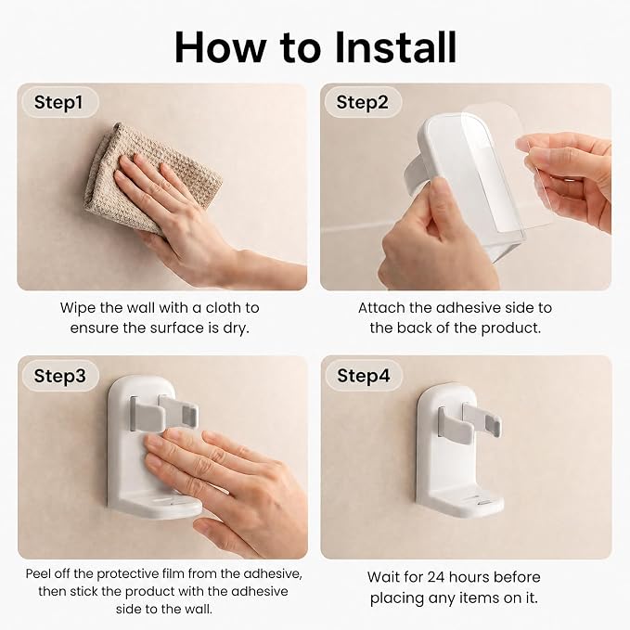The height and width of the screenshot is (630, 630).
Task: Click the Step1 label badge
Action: pos(58,102)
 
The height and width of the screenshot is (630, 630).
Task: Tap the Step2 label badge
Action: pos(362,102)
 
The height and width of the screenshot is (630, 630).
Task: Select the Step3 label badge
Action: pos(60,376)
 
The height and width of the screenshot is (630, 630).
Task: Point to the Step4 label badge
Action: pos(363,376)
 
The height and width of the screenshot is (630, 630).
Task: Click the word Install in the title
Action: pos(395,47)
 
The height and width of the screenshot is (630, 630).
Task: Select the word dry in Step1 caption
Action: pos(236,328)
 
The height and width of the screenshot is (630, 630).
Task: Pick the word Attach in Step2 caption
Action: pos(381,308)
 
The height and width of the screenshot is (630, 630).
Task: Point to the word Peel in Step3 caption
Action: pos(39,573)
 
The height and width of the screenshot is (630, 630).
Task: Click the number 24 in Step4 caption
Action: pos(435,577)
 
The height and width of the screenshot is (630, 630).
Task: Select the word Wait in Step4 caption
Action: pos(383,577)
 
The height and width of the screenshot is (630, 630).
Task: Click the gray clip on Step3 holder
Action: pos(163,414)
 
